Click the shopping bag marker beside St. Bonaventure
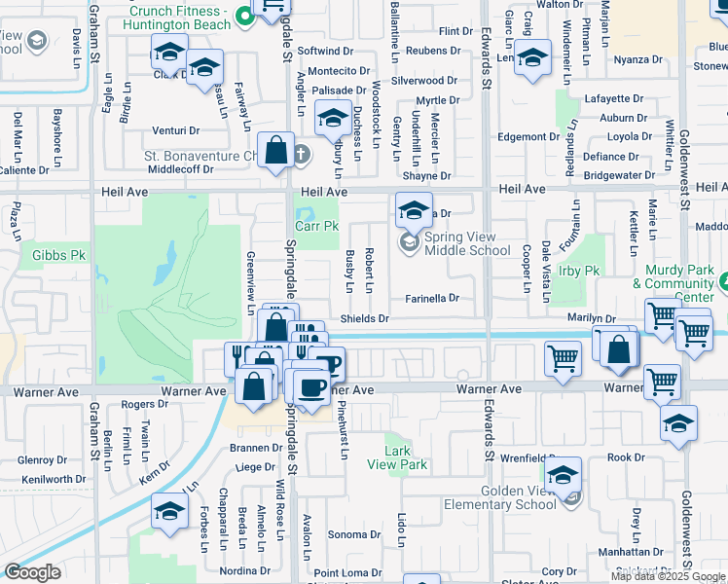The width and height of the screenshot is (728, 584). (276, 150)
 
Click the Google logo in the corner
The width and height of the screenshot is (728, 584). (32, 571)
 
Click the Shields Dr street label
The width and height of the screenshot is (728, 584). (364, 318)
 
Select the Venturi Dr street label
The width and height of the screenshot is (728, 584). (175, 130)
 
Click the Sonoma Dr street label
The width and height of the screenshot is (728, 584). (353, 534)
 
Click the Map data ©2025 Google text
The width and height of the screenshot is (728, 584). (668, 576)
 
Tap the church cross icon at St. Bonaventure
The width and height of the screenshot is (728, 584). (302, 154)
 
